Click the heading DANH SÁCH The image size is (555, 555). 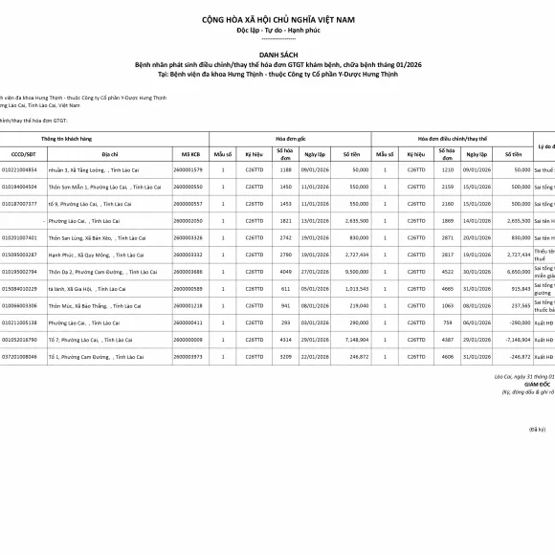pyautogui.click(x=277, y=55)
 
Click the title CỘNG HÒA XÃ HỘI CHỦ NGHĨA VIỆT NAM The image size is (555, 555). pyautogui.click(x=277, y=19)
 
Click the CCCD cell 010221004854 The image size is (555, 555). pyautogui.click(x=19, y=169)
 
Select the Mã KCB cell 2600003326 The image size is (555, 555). pyautogui.click(x=188, y=237)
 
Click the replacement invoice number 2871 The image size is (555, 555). pyautogui.click(x=448, y=237)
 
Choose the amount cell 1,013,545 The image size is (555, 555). pyautogui.click(x=354, y=289)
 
